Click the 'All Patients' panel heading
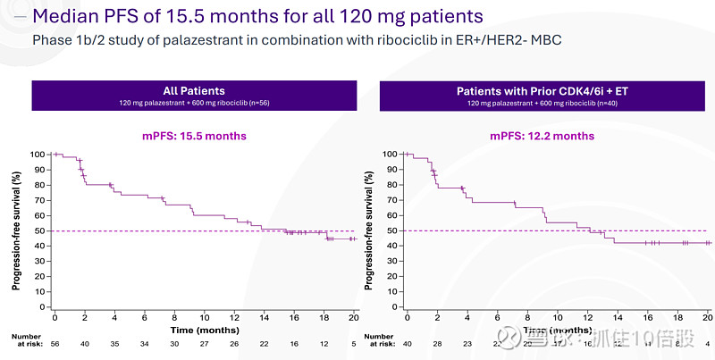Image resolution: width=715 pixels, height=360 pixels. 193,91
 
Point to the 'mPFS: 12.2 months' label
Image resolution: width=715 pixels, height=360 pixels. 543,136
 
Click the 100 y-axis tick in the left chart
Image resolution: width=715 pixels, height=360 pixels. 36,155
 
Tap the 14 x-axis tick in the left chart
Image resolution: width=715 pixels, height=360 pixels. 264,317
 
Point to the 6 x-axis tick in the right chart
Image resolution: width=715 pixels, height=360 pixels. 497,317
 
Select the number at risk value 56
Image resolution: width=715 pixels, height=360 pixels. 55,342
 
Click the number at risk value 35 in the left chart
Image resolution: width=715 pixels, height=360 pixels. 114,342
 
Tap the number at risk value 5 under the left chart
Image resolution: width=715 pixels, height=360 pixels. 354,342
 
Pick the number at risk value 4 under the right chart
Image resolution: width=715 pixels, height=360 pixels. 707,342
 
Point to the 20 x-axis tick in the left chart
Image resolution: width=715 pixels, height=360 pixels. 354,317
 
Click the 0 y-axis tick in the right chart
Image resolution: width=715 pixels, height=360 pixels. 391,306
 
